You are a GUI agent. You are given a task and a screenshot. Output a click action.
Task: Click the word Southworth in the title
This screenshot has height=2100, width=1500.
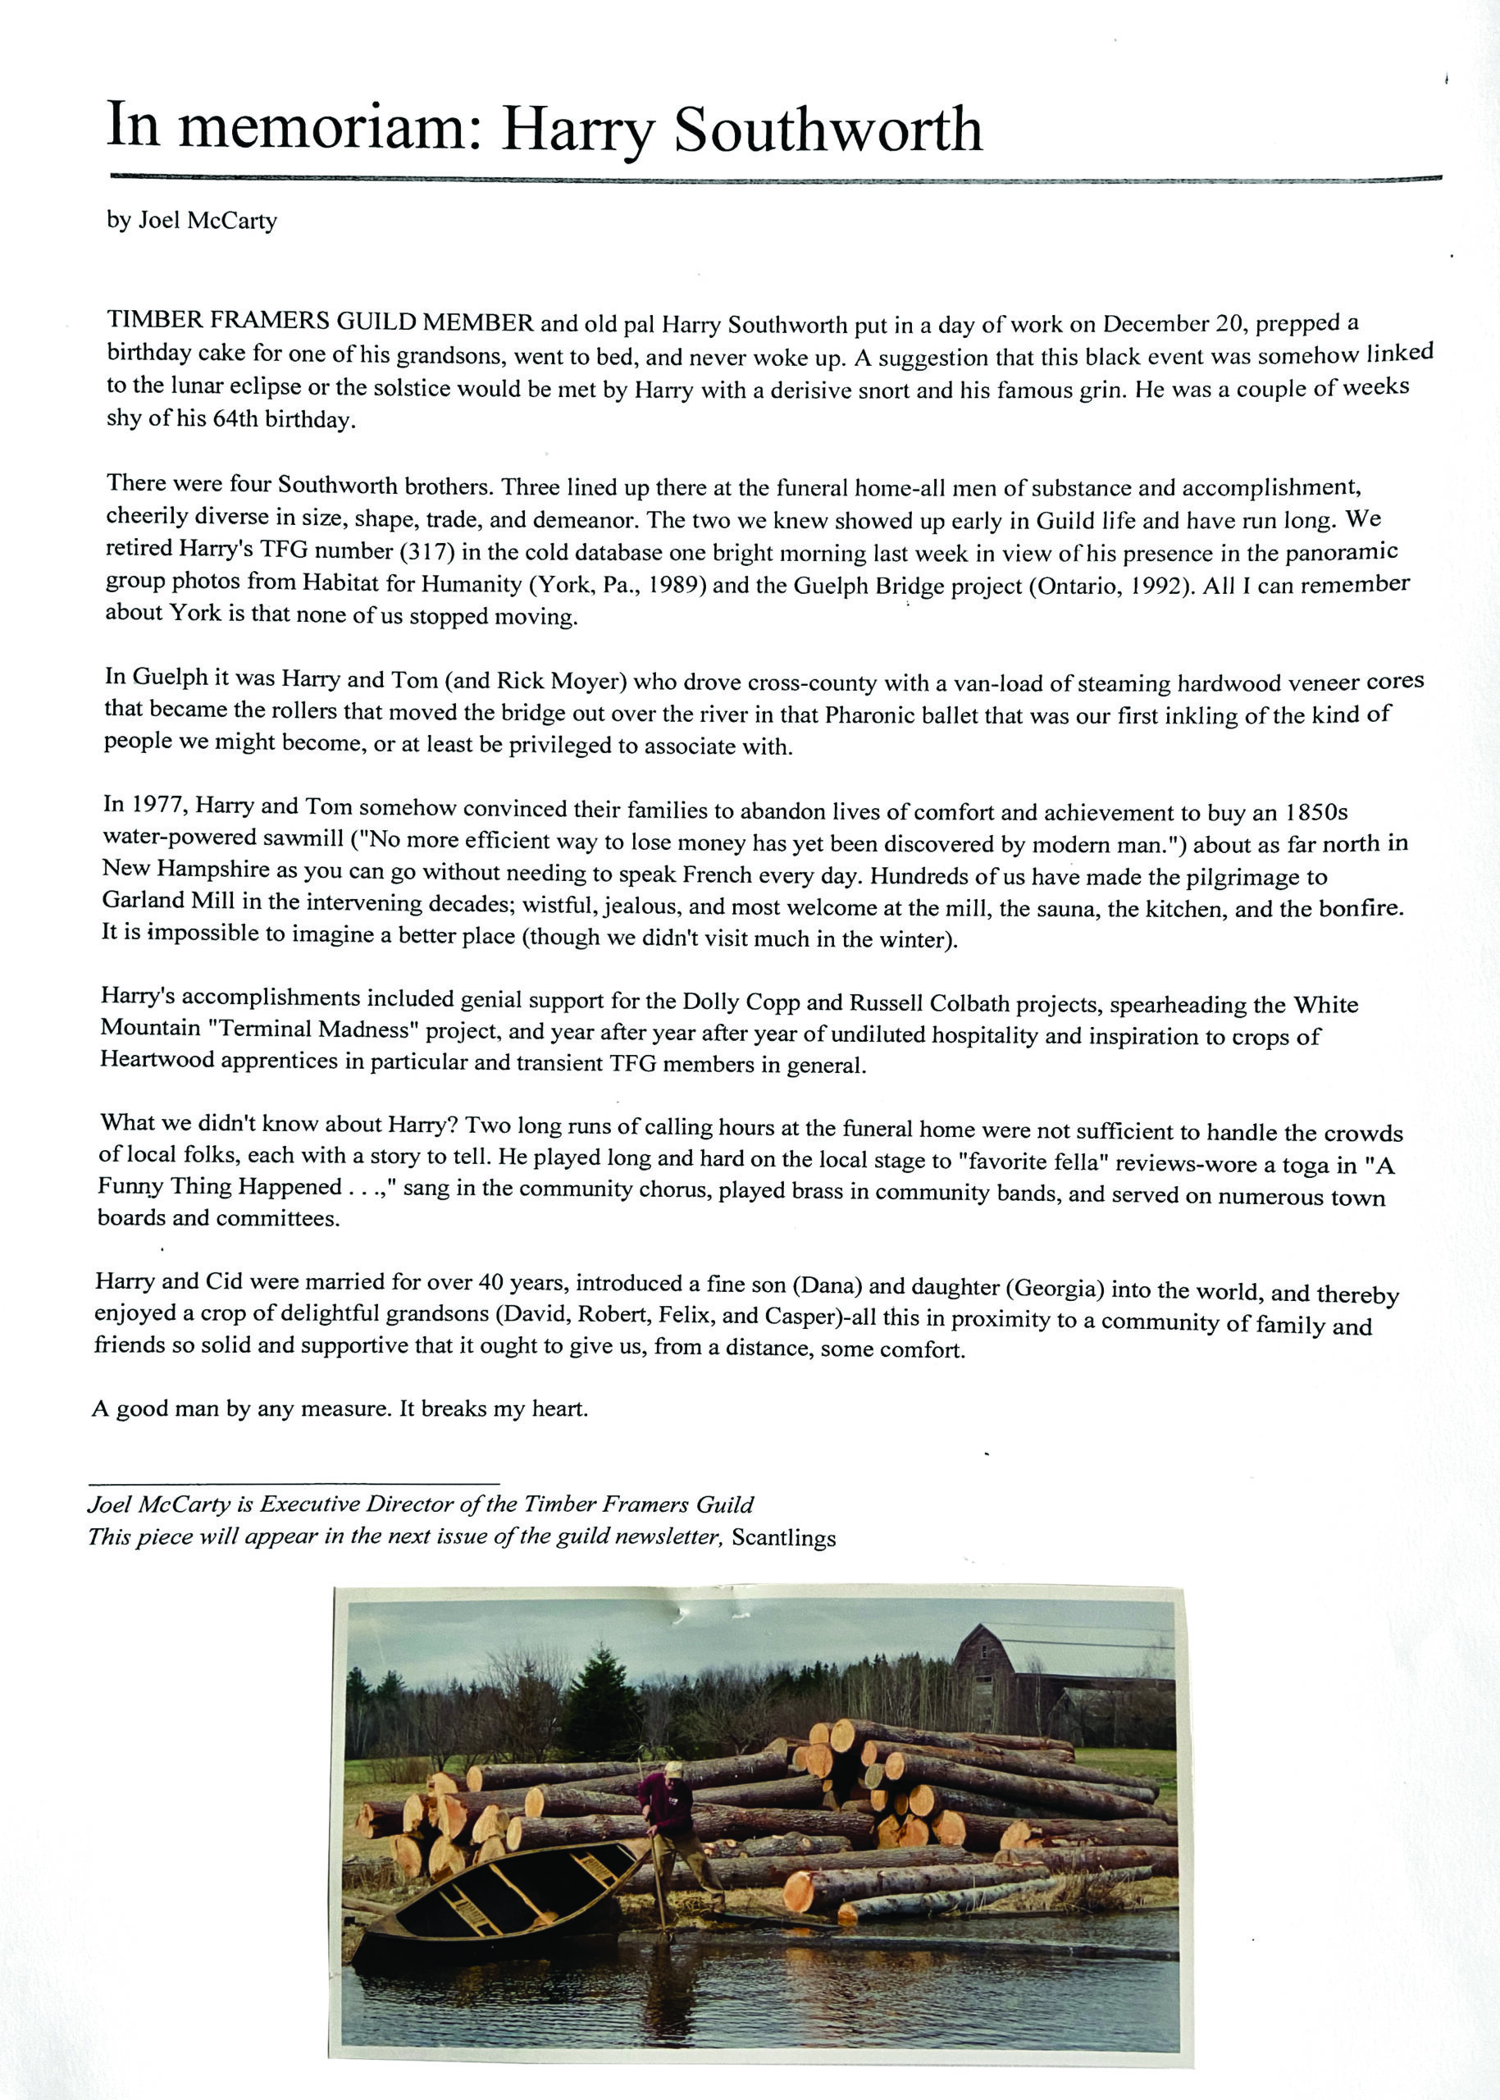pos(827,130)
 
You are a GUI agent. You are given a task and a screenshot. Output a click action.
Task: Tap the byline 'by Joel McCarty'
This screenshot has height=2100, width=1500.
pos(191,221)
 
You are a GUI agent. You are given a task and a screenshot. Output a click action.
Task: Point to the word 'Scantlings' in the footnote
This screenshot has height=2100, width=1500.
pos(783,1538)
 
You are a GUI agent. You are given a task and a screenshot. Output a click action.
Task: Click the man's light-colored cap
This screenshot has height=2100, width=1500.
pos(674,1769)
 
